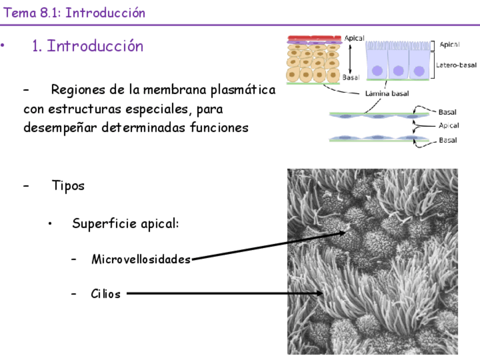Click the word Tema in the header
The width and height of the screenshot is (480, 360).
coord(20,13)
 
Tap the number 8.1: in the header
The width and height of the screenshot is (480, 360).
coord(50,13)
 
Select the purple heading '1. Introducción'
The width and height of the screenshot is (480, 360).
coord(88,46)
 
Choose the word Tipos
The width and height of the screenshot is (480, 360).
coord(68,185)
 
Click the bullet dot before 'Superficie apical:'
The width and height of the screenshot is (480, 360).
coord(51,224)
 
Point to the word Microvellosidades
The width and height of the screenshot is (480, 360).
coord(141,260)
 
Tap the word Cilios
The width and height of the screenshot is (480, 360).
coord(105,294)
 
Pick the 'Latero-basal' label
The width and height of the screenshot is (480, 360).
coord(456,65)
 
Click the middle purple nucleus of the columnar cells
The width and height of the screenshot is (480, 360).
coord(398,71)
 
